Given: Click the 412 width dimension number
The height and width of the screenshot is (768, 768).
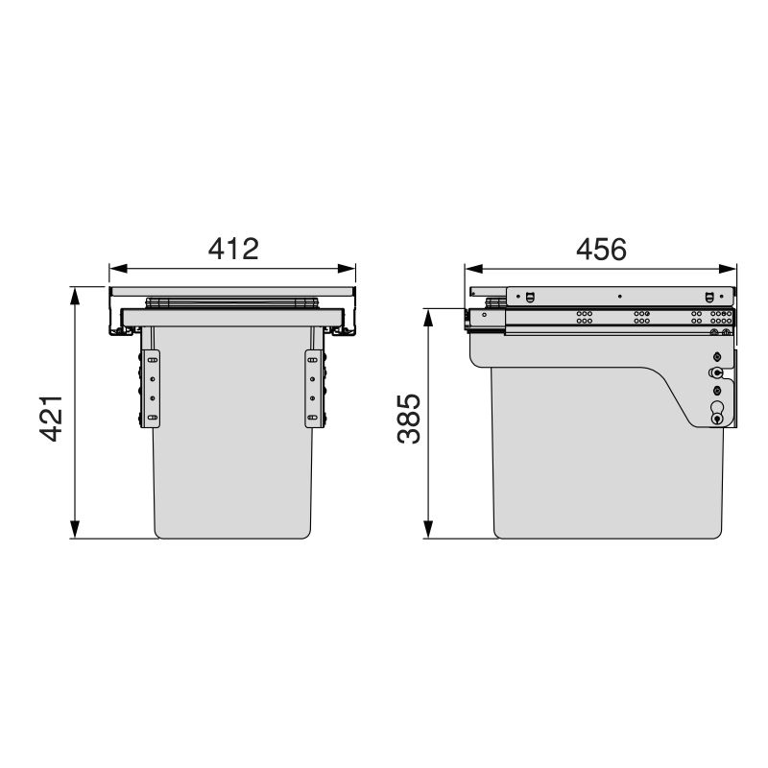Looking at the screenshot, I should coord(234,248).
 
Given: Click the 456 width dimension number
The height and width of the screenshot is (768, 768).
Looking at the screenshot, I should coord(601,248).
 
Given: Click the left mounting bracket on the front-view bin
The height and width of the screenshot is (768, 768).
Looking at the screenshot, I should coord(151,389).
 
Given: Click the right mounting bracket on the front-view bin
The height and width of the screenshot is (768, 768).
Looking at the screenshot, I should coord(312,389).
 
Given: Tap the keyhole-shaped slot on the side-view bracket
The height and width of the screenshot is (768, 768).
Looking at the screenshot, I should coord(717,412).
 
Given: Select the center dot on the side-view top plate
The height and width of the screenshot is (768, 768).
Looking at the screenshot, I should coord(620,296).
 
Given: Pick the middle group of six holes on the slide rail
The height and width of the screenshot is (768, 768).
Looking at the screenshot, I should coord(640,317).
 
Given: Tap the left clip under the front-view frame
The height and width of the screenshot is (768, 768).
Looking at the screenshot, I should coord(122,330).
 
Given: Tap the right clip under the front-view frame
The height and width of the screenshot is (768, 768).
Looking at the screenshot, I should coord(343,330).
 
